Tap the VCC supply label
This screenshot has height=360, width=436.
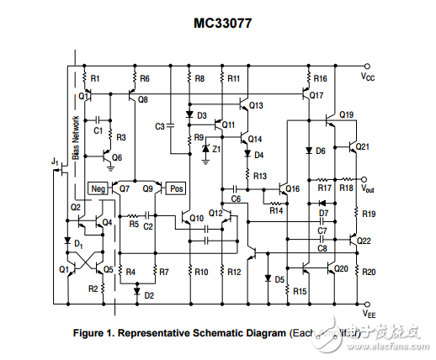point(369,77)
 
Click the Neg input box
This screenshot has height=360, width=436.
point(98,188)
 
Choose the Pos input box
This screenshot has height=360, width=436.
point(177,188)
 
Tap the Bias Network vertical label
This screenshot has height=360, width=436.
point(75,138)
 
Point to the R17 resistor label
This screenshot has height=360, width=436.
point(323,188)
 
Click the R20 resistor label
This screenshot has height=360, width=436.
point(369,272)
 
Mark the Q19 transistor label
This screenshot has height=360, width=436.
point(347,114)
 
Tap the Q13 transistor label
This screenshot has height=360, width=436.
point(256,105)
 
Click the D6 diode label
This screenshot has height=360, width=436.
point(320,151)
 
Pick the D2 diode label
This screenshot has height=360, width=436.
point(149,295)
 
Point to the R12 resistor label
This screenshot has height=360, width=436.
point(234,272)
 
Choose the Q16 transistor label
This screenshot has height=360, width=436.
point(292,189)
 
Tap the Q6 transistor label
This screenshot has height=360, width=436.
point(116,157)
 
